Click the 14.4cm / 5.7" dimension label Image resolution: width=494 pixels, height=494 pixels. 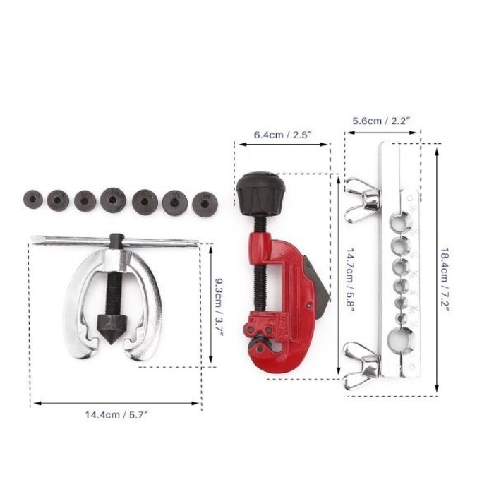coord(115,415)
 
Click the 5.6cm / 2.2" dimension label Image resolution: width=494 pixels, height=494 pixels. coord(381,121)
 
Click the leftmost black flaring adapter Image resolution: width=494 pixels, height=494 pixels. coord(31,199)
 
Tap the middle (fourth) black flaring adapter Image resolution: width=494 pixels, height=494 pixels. coord(113,200)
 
